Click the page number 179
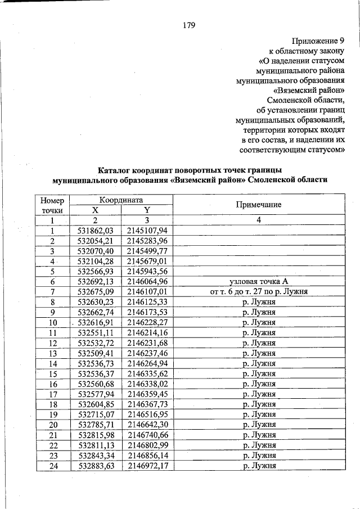pyautogui.click(x=188, y=25)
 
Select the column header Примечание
pyautogui.click(x=259, y=205)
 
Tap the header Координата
pyautogui.click(x=121, y=200)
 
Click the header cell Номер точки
pyautogui.click(x=52, y=205)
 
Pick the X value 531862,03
pyautogui.click(x=95, y=231)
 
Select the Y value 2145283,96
pyautogui.click(x=147, y=241)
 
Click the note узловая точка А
pyautogui.click(x=259, y=281)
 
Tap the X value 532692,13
pyautogui.click(x=95, y=281)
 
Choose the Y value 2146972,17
pyautogui.click(x=147, y=466)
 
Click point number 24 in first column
pyautogui.click(x=52, y=466)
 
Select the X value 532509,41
pyautogui.click(x=95, y=353)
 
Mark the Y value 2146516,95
pyautogui.click(x=147, y=415)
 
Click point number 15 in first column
pyautogui.click(x=52, y=373)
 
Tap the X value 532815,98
pyautogui.click(x=95, y=435)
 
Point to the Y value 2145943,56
pyautogui.click(x=147, y=271)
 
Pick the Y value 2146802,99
pyautogui.click(x=147, y=445)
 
